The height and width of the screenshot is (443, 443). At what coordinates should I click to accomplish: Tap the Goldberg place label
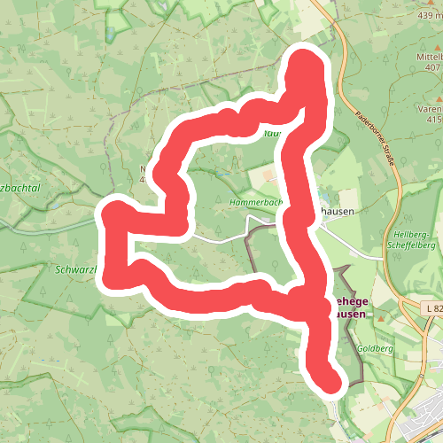(375, 349)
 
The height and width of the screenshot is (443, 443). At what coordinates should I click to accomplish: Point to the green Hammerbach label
(255, 202)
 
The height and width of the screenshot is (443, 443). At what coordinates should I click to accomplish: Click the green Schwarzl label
(79, 268)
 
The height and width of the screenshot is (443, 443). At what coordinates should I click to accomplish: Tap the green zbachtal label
(27, 165)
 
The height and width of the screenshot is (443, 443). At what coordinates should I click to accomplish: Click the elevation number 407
(433, 67)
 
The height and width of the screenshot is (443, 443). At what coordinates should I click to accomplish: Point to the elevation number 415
(433, 119)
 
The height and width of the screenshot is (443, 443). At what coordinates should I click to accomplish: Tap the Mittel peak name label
(428, 57)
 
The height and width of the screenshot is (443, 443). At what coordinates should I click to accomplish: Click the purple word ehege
(347, 301)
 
